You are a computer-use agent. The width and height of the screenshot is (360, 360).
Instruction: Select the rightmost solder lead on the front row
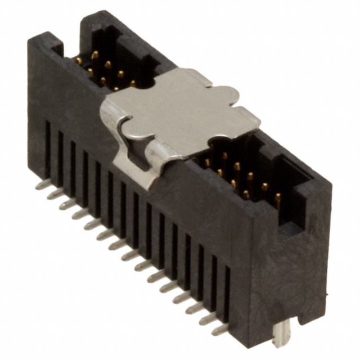click(x=220, y=330)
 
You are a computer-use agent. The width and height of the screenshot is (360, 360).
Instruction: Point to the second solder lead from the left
click(x=55, y=193)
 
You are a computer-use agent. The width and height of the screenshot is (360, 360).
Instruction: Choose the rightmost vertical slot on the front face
click(x=227, y=292)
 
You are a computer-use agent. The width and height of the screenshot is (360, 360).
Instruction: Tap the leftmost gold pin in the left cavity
click(x=79, y=60)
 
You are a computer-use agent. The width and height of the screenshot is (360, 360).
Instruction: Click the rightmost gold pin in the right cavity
click(x=277, y=199)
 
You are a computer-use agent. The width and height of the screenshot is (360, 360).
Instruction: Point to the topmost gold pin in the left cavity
click(x=95, y=55)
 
